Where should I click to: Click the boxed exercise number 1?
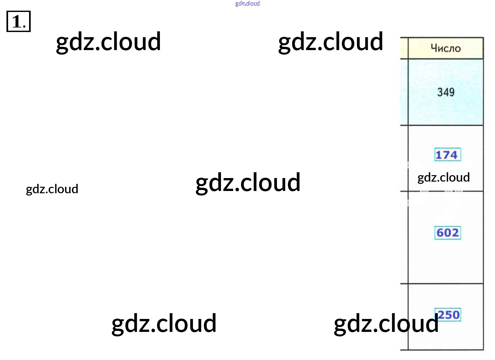click(18, 22)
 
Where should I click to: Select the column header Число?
click(446, 48)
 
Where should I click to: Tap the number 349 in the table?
click(446, 92)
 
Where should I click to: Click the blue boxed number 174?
click(447, 155)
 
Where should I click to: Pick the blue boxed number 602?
click(448, 233)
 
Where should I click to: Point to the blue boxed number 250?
click(448, 314)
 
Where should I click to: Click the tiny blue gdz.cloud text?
click(247, 4)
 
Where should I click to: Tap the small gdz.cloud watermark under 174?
click(443, 177)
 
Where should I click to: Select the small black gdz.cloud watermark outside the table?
click(52, 189)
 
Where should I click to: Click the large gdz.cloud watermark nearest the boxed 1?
click(108, 42)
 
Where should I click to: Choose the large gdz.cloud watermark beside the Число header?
click(331, 42)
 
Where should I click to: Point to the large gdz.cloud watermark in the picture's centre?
click(248, 183)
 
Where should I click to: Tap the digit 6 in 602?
click(440, 233)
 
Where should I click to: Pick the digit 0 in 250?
click(456, 314)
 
